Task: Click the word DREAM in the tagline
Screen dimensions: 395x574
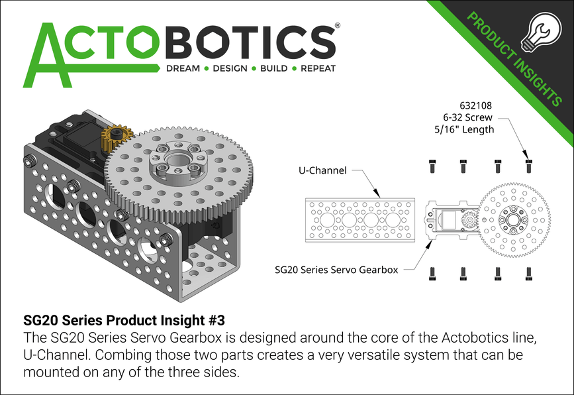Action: (183, 68)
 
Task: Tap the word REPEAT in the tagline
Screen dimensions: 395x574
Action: (318, 68)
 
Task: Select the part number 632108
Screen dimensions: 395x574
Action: (475, 105)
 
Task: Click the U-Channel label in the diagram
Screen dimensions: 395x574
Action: (322, 170)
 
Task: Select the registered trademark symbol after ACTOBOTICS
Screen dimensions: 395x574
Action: (338, 25)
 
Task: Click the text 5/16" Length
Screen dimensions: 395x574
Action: (469, 129)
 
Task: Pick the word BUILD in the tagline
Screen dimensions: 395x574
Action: (273, 68)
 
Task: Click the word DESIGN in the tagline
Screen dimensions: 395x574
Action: (228, 68)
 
